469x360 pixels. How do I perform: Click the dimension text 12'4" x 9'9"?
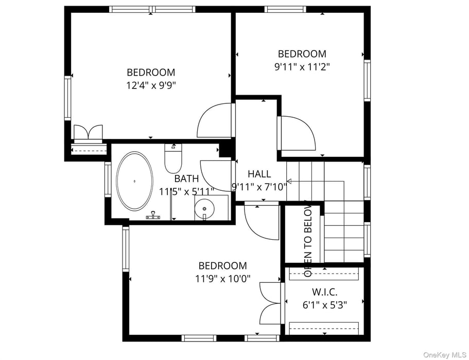151,85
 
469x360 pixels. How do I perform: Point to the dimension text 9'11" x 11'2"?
302,66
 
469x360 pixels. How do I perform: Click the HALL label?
259,174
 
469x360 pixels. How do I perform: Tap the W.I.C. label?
324,292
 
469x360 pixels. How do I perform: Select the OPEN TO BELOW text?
308,238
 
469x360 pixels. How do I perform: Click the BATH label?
186,179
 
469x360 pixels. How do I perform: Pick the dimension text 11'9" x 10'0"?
222,279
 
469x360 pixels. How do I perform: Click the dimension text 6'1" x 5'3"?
324,304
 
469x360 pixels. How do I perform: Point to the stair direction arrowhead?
289,181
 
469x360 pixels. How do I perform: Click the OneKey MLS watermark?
444,355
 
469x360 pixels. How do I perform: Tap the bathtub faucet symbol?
153,216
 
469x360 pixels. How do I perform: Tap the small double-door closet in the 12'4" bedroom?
88,133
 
